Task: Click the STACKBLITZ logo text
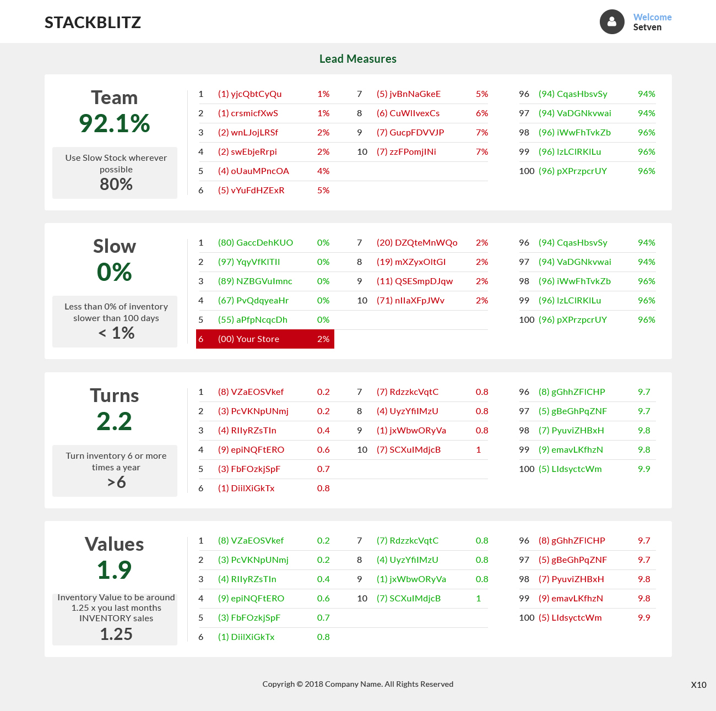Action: click(x=93, y=23)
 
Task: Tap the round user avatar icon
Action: click(x=612, y=22)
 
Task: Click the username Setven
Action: click(x=647, y=28)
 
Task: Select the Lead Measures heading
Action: click(x=358, y=59)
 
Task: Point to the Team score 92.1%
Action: click(x=115, y=123)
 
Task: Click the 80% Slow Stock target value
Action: click(x=116, y=184)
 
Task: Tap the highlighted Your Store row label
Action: click(x=248, y=339)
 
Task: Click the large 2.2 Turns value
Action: click(x=115, y=422)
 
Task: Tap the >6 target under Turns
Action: click(x=116, y=482)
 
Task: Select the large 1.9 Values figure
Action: click(x=115, y=570)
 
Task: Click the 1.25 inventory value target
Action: click(x=116, y=634)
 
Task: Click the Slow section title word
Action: click(x=115, y=246)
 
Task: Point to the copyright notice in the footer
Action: click(x=358, y=684)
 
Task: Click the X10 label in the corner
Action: click(x=698, y=685)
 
